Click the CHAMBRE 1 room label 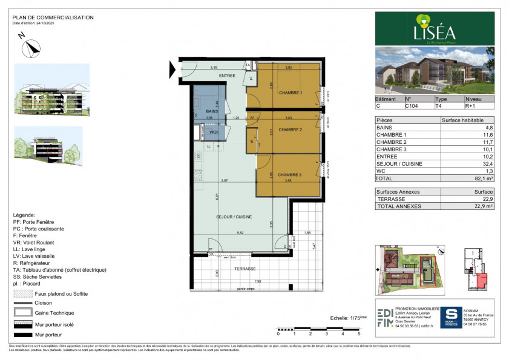point(291,93)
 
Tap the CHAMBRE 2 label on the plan point(291,129)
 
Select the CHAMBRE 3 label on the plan point(290,175)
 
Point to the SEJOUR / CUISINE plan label point(234,217)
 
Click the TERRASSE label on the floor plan point(245,269)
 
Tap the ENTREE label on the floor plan point(227,76)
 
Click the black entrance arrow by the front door point(172,70)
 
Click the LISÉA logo point(435,30)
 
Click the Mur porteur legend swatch point(21,334)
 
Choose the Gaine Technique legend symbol point(21,313)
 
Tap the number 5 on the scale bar point(360,333)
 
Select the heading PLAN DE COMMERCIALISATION point(53,18)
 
